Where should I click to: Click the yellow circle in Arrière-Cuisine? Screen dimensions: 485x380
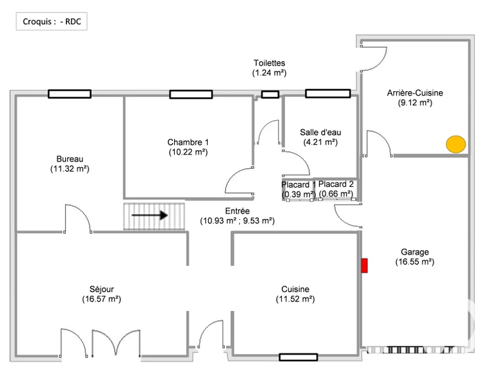pos(456,144)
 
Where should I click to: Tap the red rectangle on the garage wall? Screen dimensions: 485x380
pos(365,265)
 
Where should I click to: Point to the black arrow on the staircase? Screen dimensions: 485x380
pos(149,215)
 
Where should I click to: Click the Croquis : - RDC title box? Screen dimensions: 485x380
pos(52,22)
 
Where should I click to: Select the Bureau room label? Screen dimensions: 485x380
pos(70,159)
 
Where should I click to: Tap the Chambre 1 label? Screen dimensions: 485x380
pos(188,142)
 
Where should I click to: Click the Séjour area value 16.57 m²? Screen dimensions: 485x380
pos(101,299)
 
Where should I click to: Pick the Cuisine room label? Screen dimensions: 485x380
pos(296,289)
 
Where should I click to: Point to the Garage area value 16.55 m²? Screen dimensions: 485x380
pos(415,262)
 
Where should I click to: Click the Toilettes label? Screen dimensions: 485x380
pos(270,63)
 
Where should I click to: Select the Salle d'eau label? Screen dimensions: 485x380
pos(320,132)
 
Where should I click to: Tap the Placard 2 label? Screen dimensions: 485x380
pos(336,184)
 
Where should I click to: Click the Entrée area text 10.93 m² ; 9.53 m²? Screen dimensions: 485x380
pos(237,221)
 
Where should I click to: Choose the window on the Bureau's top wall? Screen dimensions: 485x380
pos(70,94)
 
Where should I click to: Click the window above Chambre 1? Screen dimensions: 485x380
pos(191,94)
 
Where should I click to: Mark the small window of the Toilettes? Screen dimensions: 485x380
pos(270,94)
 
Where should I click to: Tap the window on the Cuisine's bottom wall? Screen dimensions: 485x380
pos(298,357)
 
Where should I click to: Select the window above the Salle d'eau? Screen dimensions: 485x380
pos(328,94)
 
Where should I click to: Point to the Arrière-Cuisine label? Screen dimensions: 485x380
pos(415,93)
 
